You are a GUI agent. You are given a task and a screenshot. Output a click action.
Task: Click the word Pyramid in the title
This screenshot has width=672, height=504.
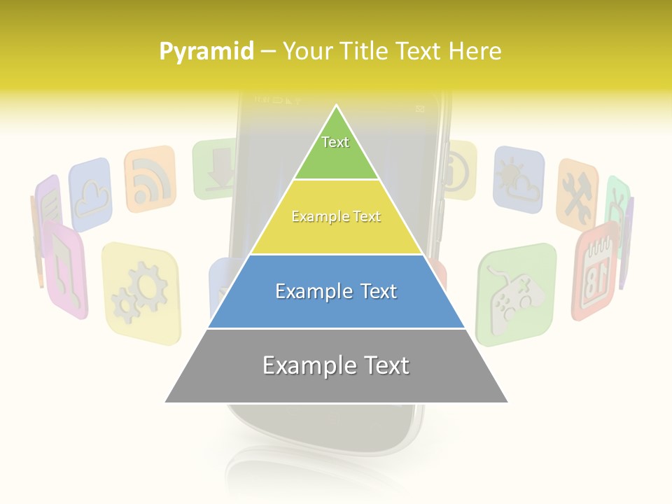point(206,52)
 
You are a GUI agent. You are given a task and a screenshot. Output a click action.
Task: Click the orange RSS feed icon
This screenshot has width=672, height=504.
point(149,178)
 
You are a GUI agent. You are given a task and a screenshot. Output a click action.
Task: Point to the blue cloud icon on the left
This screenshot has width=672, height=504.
point(91,195)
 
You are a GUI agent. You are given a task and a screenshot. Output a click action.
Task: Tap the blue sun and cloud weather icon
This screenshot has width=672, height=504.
point(518,179)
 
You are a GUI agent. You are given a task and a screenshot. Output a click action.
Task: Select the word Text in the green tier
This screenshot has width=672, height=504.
point(335,142)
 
